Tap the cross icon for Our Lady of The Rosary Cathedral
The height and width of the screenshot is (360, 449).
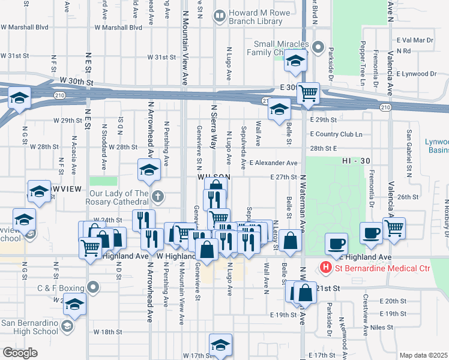click(x=157, y=196)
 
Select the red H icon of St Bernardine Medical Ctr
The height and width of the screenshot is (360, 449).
click(x=326, y=266)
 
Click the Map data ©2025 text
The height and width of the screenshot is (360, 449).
click(x=423, y=355)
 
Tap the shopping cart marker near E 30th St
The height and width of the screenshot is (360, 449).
click(x=308, y=93)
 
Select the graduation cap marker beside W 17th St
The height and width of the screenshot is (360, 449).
click(x=220, y=344)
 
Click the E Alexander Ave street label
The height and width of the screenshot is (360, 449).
click(x=274, y=163)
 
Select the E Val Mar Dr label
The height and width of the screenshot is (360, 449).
click(x=415, y=40)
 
